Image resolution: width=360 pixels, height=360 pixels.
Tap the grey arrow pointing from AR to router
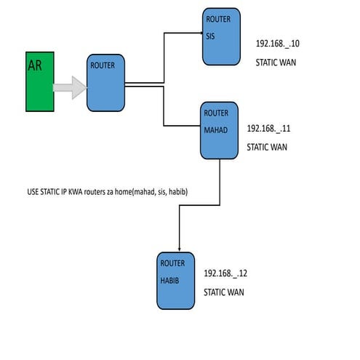[x=71, y=88]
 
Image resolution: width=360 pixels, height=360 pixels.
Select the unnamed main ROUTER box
[x=105, y=82]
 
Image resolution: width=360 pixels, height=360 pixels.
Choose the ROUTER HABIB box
[x=177, y=280]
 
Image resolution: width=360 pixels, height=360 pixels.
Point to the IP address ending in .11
[x=269, y=128]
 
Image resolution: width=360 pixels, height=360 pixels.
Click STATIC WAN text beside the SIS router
[x=276, y=63]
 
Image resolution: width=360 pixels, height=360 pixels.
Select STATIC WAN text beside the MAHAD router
[x=267, y=147]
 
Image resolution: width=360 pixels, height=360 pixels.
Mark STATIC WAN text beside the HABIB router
[x=224, y=292]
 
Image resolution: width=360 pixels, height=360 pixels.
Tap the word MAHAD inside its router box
[x=217, y=131]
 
